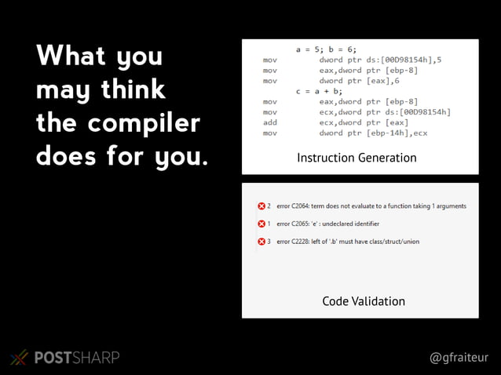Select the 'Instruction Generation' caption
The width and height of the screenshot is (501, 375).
click(x=357, y=158)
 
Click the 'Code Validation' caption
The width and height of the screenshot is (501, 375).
click(x=364, y=301)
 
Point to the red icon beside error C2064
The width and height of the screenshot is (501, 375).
click(x=261, y=206)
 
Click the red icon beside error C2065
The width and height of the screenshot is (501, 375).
click(x=261, y=224)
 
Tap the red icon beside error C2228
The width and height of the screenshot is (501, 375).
click(x=261, y=241)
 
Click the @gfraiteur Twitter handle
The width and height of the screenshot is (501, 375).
click(x=459, y=357)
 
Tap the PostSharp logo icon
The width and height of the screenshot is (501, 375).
click(x=19, y=358)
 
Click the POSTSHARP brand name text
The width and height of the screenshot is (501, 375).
click(x=77, y=358)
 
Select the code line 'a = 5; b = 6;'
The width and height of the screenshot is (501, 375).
click(x=325, y=49)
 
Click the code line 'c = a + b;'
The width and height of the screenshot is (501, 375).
click(x=319, y=91)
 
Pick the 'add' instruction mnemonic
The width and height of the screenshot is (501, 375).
click(x=269, y=122)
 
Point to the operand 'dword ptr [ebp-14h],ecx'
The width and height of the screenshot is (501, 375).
click(x=373, y=133)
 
